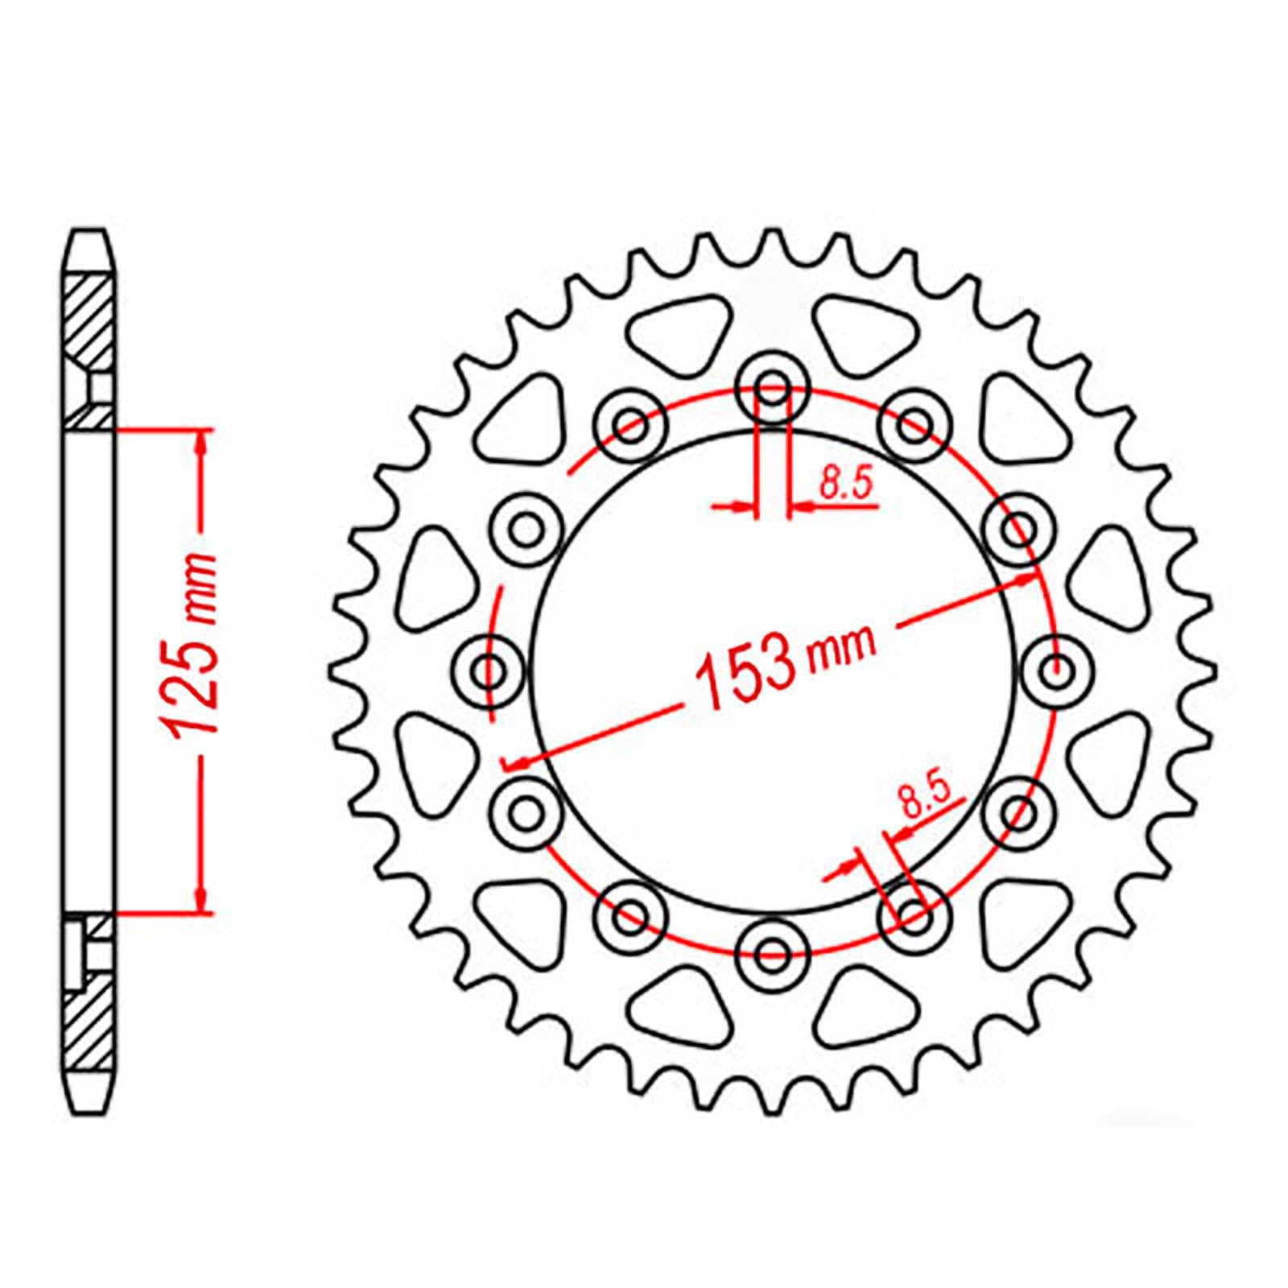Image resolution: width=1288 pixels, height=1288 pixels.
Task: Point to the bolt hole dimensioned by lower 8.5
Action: (x=914, y=915)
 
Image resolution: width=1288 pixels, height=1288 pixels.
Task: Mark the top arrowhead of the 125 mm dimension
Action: (x=202, y=439)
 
